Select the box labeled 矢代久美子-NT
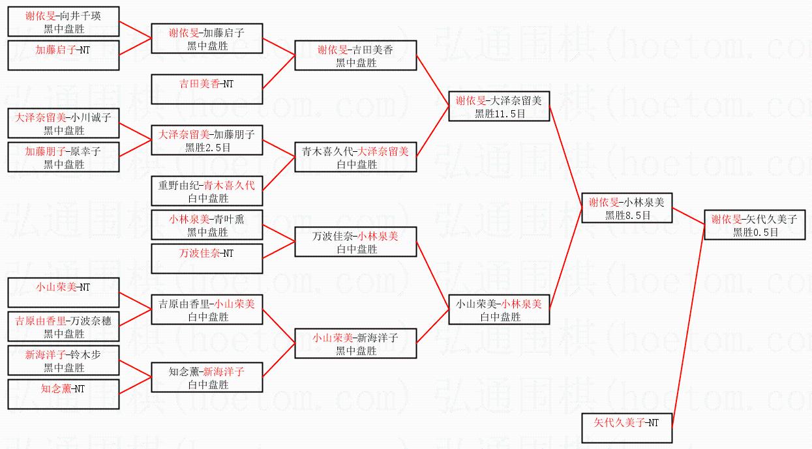coord(626,427)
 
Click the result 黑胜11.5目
coord(500,113)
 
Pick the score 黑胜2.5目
coord(207,147)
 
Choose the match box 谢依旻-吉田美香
coord(355,55)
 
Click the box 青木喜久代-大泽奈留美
coord(355,157)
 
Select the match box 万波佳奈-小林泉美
coord(355,242)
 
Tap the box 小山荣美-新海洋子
coord(355,343)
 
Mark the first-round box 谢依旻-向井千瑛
coord(63,22)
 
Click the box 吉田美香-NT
coord(207,89)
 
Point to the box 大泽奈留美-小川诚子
coord(63,123)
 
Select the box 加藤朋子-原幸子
coord(63,157)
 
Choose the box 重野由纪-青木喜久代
coord(207,191)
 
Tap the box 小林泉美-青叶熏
coord(207,225)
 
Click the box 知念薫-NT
coord(63,394)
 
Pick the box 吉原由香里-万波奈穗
coord(63,326)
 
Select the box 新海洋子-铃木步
coord(63,360)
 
